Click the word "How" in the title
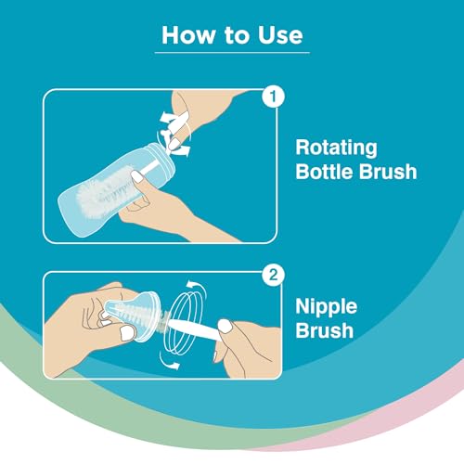pyautogui.click(x=188, y=35)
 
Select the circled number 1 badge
pyautogui.click(x=273, y=97)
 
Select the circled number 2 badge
pyautogui.click(x=273, y=275)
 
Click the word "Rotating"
pyautogui.click(x=337, y=148)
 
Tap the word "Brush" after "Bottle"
pyautogui.click(x=388, y=172)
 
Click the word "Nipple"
pyautogui.click(x=327, y=307)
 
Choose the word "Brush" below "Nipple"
pyautogui.click(x=325, y=330)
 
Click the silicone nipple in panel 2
pyautogui.click(x=133, y=314)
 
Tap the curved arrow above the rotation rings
pyautogui.click(x=197, y=287)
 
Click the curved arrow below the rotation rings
pyautogui.click(x=169, y=363)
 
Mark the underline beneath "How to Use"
pyautogui.click(x=232, y=53)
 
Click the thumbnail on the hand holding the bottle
pyautogui.click(x=137, y=176)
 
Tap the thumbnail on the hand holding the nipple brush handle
pyautogui.click(x=225, y=326)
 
